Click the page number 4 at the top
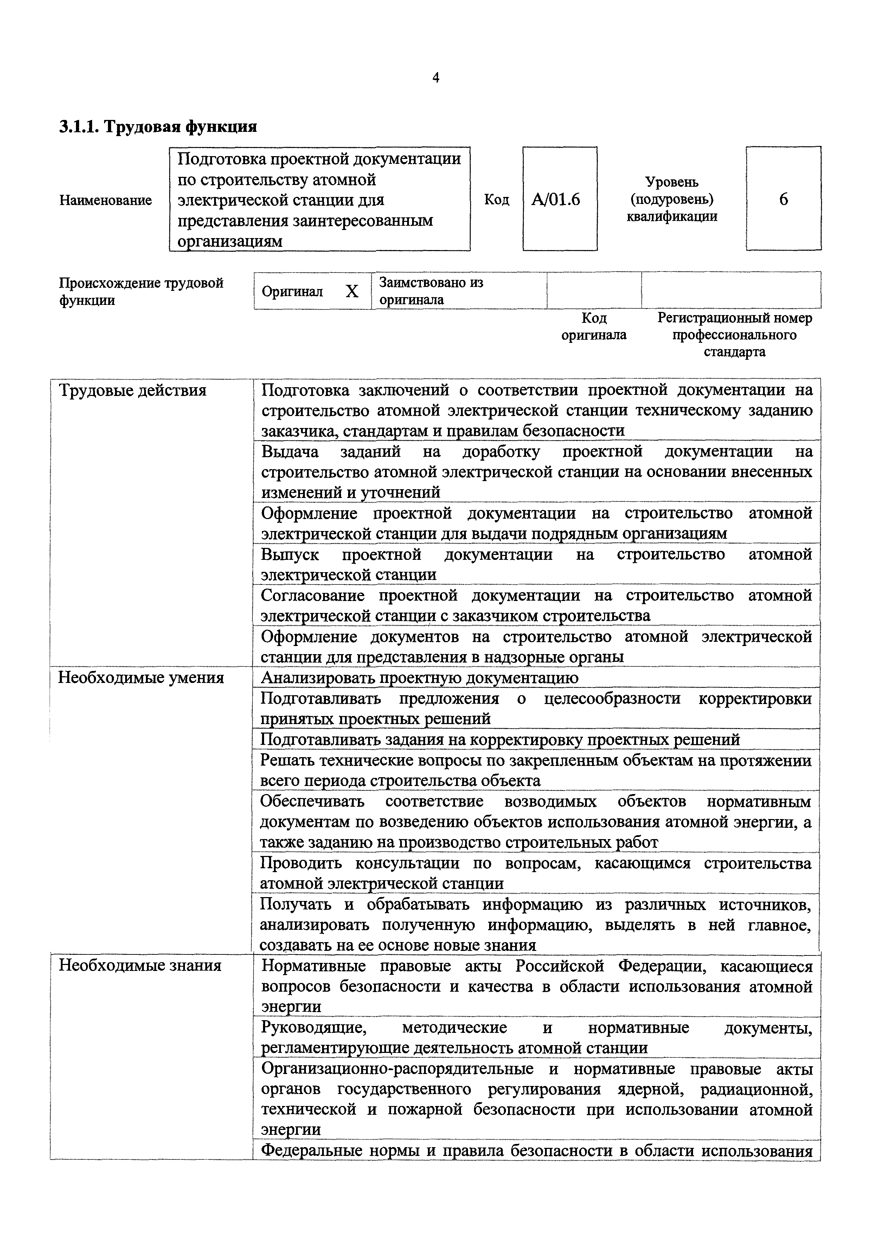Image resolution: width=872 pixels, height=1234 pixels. pos(436,78)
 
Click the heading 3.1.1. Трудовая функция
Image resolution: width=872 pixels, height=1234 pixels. pos(158,127)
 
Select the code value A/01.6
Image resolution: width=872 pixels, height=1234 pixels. pos(556,200)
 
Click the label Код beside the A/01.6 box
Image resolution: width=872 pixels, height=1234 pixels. pos(496,200)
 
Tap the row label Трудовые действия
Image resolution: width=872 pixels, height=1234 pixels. pos(132,390)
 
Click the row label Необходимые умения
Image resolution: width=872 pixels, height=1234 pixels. pos(141,678)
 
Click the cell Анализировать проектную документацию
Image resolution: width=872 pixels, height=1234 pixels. pos(419,678)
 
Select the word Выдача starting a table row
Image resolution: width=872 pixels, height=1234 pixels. pos(290,452)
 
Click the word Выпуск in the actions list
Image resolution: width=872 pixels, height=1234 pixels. pos(290,555)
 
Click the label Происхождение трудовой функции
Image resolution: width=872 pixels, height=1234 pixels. pos(141,291)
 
